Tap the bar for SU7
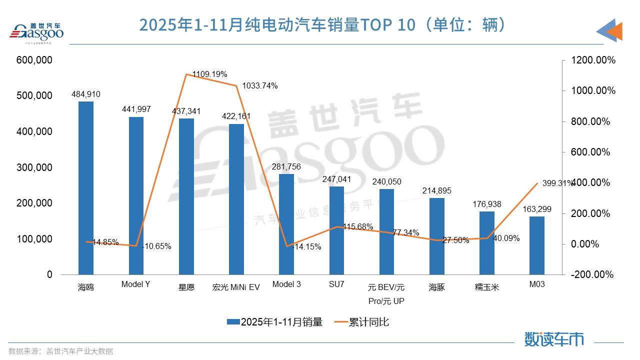pyautogui.click(x=336, y=230)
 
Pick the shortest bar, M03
pyautogui.click(x=537, y=245)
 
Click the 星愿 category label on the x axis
pyautogui.click(x=186, y=287)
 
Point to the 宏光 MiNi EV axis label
pyautogui.click(x=236, y=287)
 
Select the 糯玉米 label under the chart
pyautogui.click(x=486, y=287)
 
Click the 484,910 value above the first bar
pyautogui.click(x=86, y=94)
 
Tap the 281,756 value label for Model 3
pyautogui.click(x=286, y=166)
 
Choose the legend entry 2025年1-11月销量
pyautogui.click(x=274, y=322)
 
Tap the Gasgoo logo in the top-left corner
pyautogui.click(x=37, y=32)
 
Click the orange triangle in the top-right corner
pyautogui.click(x=613, y=31)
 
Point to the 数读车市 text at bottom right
pyautogui.click(x=554, y=339)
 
